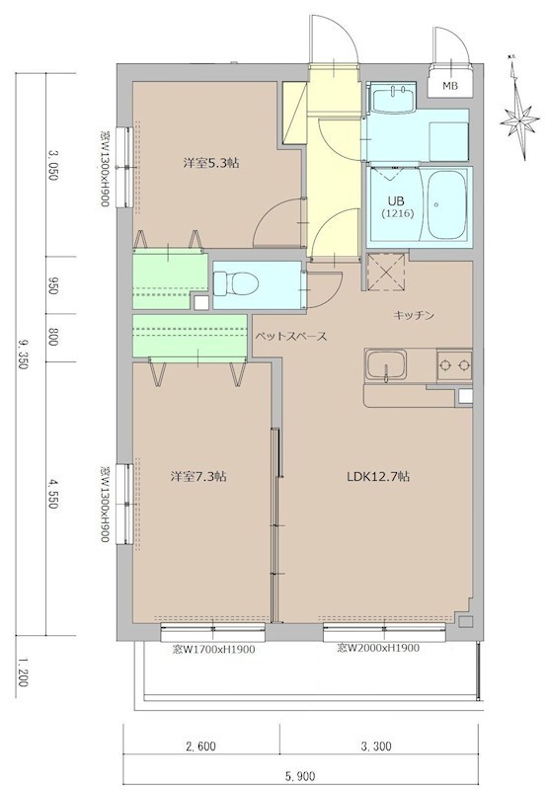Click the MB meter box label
(x=449, y=86)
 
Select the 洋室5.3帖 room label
(x=209, y=163)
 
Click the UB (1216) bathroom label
(x=399, y=205)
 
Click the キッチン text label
(x=415, y=315)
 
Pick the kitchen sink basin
(x=381, y=369)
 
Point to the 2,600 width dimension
(x=199, y=747)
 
